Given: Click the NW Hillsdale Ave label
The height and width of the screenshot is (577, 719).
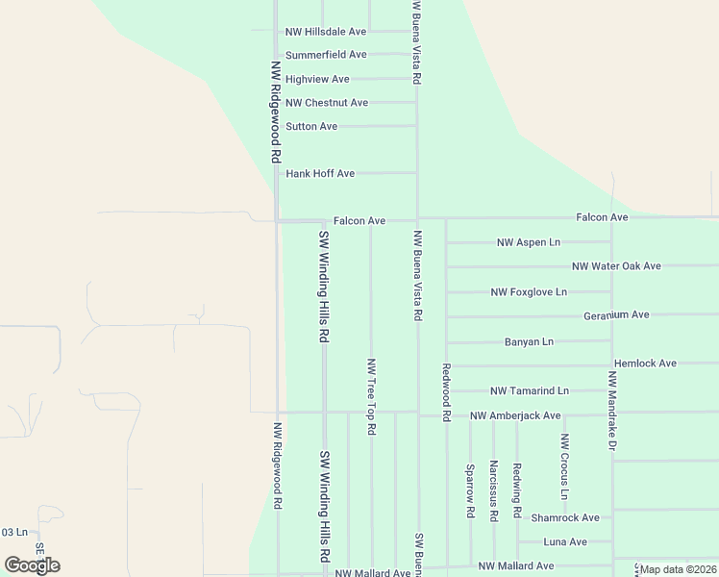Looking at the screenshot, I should click(x=326, y=32).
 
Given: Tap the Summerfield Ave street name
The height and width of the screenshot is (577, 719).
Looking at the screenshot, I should click(x=326, y=55).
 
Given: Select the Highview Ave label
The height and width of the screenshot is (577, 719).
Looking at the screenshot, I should click(x=317, y=79).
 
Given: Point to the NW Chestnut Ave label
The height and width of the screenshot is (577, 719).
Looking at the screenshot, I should click(x=327, y=103).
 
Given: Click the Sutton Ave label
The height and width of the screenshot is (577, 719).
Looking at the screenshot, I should click(x=311, y=126).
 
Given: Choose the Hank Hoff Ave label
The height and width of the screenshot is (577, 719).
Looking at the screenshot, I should click(x=320, y=174).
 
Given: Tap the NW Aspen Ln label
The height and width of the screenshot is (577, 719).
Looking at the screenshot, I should click(x=528, y=242).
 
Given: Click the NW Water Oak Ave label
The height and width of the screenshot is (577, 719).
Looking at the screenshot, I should click(x=616, y=266).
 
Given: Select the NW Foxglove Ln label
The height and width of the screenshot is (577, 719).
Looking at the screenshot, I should click(x=529, y=291).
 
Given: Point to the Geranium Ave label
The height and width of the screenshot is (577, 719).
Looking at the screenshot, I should click(x=616, y=315).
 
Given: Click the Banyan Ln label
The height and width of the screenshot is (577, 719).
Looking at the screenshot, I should click(x=529, y=341).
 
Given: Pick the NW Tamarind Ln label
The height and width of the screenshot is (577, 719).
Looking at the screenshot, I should click(x=529, y=391).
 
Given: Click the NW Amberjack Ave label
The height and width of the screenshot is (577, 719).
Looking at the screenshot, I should click(x=514, y=415).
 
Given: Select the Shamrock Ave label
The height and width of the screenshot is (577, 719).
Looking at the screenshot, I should click(x=564, y=517).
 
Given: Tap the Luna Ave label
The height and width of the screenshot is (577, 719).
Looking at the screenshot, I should click(x=564, y=542).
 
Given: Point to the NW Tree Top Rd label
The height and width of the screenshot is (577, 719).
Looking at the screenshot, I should click(x=371, y=396).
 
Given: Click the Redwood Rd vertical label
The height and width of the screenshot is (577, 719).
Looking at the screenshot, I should click(x=446, y=392).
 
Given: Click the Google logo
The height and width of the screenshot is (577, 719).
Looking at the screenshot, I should click(x=32, y=565).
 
